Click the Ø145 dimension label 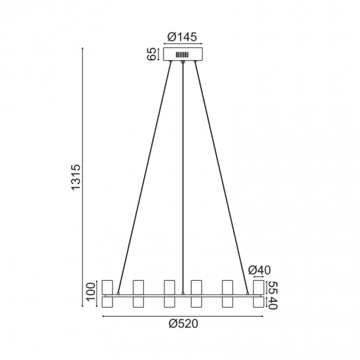tap(182, 37)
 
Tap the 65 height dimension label tap(152, 54)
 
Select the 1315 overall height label tap(76, 177)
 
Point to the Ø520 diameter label tap(183, 324)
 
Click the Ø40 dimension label tap(259, 270)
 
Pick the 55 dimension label tap(272, 287)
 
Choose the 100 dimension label tap(90, 291)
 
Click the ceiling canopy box tap(183, 54)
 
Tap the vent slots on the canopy tap(183, 54)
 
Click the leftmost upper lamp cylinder tap(107, 287)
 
